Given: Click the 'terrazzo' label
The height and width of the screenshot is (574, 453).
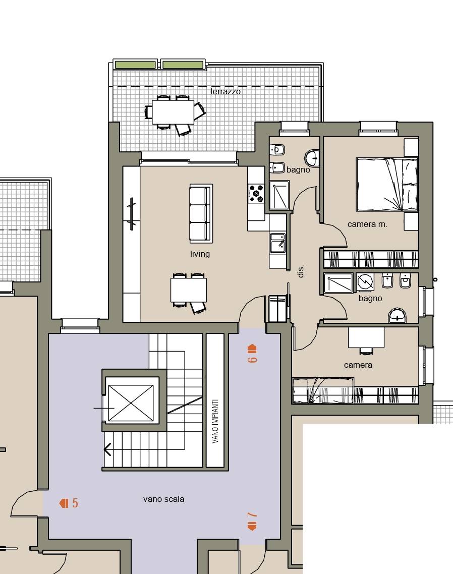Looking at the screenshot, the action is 225,91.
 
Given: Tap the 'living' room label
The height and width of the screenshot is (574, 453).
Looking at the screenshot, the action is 200,254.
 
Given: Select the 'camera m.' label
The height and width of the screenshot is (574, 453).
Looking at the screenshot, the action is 367,224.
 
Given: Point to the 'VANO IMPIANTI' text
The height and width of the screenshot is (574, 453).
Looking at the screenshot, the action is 215,421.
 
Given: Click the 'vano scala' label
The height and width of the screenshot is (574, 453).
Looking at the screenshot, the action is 163,499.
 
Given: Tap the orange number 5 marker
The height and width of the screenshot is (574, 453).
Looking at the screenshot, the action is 69,503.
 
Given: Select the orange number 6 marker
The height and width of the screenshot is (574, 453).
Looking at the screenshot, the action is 252,354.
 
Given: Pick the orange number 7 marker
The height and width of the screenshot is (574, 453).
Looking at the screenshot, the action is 252,521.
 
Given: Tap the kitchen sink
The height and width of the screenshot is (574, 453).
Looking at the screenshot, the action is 277,242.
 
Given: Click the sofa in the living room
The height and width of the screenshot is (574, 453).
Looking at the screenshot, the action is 201,214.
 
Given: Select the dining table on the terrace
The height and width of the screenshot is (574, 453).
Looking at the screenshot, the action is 173,112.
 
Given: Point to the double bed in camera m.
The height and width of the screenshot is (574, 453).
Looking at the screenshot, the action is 387,185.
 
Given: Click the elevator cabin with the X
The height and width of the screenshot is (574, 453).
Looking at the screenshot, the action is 131,403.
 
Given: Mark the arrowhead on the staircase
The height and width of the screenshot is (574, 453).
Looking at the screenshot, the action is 107,449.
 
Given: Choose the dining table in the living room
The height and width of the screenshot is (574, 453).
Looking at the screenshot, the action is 189,290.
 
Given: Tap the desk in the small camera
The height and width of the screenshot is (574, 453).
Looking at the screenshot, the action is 366,337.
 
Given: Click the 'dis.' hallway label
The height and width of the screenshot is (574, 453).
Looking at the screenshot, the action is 301,271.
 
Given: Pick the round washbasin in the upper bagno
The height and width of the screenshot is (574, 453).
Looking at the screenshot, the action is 312,158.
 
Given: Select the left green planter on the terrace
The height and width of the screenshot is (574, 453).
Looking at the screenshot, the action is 135,65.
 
